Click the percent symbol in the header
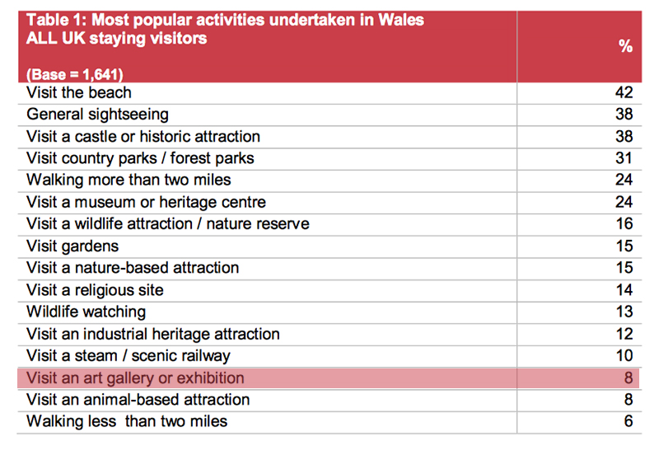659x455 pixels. (x=625, y=46)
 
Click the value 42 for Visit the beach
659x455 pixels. (x=624, y=92)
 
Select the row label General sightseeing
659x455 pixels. (x=97, y=115)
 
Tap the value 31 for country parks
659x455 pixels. (x=624, y=158)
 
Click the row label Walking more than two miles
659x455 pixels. (x=129, y=181)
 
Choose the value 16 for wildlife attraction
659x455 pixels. (x=624, y=223)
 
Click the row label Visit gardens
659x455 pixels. (x=72, y=246)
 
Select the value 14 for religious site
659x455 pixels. (x=624, y=290)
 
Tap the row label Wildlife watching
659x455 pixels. (x=86, y=312)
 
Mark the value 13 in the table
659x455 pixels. (x=624, y=312)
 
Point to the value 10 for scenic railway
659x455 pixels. (x=624, y=356)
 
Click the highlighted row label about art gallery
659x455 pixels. (x=135, y=378)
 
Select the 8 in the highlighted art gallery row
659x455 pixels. (x=629, y=378)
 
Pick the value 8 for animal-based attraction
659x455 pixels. (x=629, y=400)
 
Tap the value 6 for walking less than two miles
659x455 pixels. (x=629, y=421)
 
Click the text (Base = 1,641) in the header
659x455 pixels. (x=75, y=75)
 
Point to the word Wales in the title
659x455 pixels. (x=401, y=20)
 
